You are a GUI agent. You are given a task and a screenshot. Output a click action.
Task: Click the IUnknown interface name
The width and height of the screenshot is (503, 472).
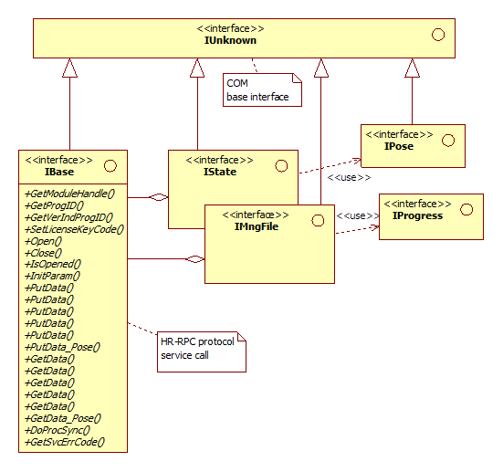pos(230,40)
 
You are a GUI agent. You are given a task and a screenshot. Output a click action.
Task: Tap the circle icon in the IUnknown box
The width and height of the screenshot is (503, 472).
pos(438,35)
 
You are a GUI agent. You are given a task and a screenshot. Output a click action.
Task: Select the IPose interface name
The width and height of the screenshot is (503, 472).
pos(399,146)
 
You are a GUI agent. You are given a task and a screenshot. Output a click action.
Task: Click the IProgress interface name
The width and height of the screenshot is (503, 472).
pos(417,215)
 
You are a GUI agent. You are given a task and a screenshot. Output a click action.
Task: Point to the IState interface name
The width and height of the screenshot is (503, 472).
pos(220,172)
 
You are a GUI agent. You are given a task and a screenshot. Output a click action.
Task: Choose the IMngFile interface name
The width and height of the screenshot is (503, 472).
pos(257,226)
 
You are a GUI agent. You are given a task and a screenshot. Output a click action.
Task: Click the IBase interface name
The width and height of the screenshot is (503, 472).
pos(59,172)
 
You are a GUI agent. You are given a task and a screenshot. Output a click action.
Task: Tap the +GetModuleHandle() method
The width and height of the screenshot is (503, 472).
pos(69,194)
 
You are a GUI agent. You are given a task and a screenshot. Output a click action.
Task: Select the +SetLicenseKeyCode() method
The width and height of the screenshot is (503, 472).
pos(74,229)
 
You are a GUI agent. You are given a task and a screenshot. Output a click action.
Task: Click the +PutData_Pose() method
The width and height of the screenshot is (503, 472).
pos(63,347)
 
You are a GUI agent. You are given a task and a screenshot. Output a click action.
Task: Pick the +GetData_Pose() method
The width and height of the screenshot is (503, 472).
pos(63,418)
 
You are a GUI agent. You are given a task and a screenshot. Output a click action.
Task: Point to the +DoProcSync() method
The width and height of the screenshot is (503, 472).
pos(58,430)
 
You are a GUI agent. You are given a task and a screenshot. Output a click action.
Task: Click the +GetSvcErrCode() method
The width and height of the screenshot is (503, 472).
pos(65,442)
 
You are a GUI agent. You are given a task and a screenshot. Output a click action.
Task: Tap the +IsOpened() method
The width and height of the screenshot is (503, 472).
pos(53,264)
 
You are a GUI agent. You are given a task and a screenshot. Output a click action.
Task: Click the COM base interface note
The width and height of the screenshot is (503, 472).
pos(262,89)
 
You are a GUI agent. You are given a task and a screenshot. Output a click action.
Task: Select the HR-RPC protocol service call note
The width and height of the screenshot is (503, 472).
pos(202,352)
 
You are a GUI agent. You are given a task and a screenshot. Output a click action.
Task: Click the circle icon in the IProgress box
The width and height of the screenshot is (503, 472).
pos(466,210)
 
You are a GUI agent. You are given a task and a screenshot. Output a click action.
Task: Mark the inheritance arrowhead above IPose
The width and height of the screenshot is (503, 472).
pos(413,68)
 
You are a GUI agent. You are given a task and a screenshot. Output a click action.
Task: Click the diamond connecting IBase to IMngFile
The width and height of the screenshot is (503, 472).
pos(195,259)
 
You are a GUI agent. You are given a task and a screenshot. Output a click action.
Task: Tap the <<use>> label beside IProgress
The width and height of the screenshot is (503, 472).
pos(358,215)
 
